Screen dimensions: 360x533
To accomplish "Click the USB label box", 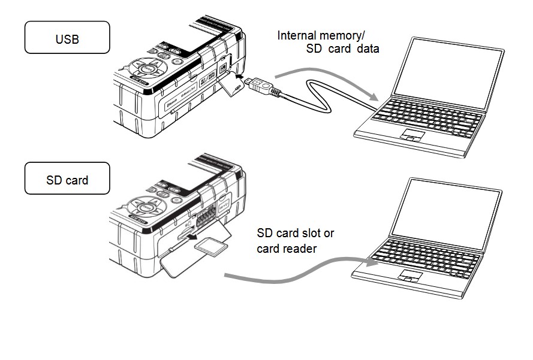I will [67, 40].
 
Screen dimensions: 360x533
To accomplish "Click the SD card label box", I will [67, 179].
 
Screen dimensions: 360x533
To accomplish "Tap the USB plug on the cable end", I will [263, 87].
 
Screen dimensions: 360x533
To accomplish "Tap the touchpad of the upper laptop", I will [410, 134].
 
